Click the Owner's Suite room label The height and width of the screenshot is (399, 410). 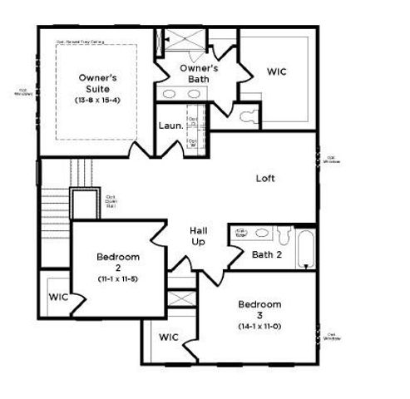point(96,82)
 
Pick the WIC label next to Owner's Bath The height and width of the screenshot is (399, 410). point(277,72)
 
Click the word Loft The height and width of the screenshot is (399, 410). point(265,178)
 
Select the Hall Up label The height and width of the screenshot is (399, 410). point(199,235)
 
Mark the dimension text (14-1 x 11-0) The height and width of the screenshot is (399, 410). point(259,327)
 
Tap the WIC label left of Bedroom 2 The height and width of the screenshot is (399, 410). point(57,297)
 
